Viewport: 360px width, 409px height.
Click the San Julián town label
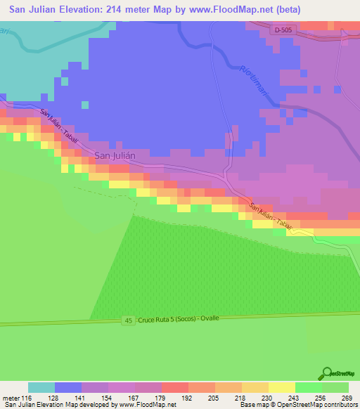tap(114, 155)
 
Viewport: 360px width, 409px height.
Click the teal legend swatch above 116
tap(41, 387)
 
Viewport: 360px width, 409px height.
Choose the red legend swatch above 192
tap(174, 387)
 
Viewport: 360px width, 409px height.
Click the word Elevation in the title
tap(74, 10)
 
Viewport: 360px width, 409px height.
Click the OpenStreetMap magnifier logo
tap(328, 373)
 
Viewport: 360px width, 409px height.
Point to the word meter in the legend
tap(12, 397)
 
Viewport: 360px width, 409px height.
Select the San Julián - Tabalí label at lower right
tap(271, 214)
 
